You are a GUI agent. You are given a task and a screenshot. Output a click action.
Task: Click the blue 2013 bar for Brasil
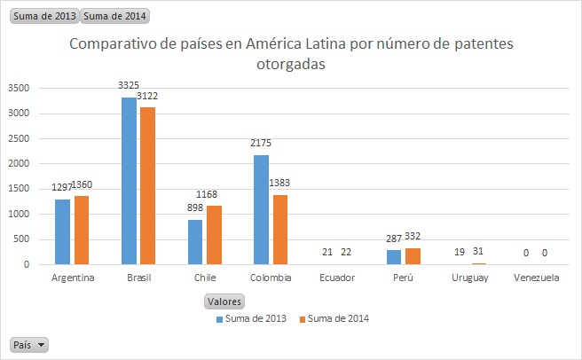(129, 181)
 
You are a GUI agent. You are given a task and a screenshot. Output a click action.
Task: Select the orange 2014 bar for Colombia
(281, 230)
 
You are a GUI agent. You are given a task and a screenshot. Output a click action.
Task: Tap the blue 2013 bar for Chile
(195, 242)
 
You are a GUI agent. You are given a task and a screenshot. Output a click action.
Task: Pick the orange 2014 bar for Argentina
(82, 231)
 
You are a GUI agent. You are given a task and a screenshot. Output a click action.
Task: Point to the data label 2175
(261, 143)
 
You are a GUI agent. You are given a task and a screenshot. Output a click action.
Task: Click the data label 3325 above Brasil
(129, 85)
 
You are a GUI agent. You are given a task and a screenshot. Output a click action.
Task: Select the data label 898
(195, 207)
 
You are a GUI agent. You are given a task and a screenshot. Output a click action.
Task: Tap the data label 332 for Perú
(417, 236)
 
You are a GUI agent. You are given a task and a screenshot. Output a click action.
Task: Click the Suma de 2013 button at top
(43, 16)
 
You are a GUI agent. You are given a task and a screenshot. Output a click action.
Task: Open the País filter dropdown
(29, 344)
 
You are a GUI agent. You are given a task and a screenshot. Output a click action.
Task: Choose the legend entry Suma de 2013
(254, 318)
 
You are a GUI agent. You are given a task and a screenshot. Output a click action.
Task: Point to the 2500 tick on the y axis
(18, 138)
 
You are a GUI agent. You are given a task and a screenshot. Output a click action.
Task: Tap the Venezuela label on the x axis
(536, 278)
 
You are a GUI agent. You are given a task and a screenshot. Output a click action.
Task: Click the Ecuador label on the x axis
(337, 278)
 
